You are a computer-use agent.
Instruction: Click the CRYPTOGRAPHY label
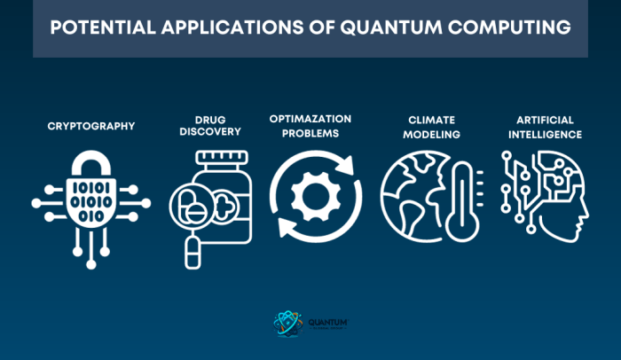[91, 126]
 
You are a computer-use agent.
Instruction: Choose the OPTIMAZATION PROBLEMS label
[310, 126]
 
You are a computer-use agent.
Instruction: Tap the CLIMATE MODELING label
[432, 126]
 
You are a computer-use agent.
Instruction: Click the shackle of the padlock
[90, 164]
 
